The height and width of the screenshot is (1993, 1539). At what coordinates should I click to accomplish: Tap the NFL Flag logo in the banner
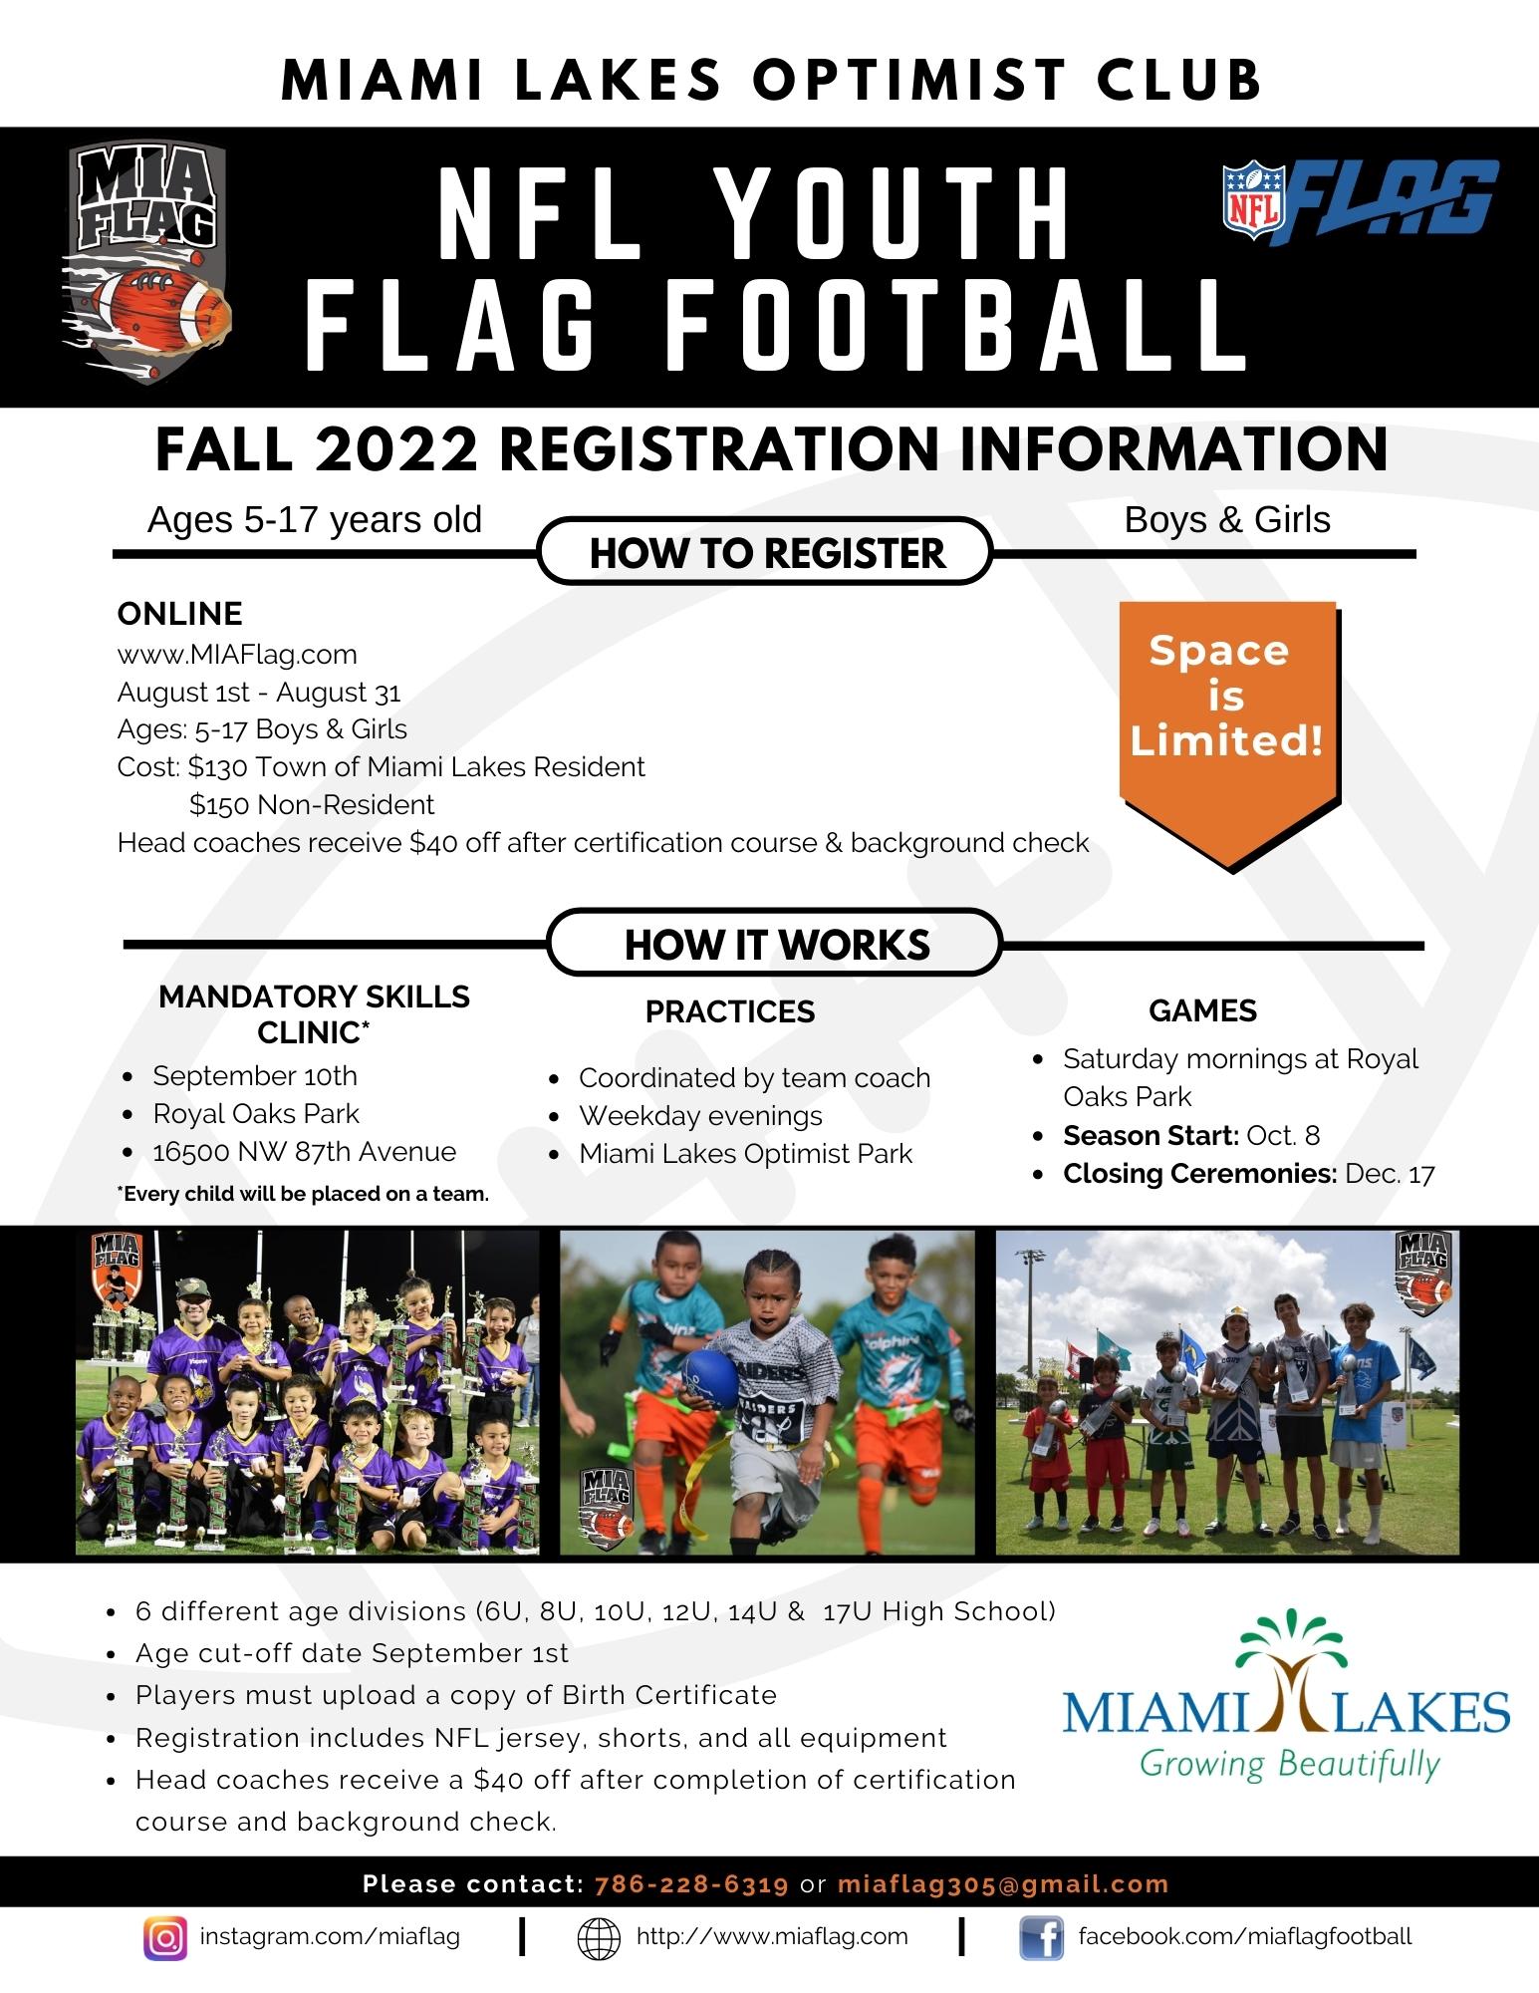coord(1360,202)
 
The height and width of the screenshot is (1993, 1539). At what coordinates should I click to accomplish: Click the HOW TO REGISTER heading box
coord(766,552)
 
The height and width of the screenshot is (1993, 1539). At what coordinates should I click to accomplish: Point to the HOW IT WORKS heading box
coord(776,943)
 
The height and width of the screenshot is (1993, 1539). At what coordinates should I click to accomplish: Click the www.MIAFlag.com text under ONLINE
coord(237,655)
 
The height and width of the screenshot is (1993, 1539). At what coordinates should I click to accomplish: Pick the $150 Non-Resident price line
coord(312,804)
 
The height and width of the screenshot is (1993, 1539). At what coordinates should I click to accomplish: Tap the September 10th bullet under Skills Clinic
coord(255,1076)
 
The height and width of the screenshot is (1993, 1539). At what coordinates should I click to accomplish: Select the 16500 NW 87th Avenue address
coord(304,1152)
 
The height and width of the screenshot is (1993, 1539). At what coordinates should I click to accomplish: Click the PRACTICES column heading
coord(730,1011)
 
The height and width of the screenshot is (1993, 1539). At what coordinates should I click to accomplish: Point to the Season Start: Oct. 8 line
coord(1191,1135)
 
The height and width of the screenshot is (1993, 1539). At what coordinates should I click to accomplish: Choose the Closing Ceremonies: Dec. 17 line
coord(1249,1173)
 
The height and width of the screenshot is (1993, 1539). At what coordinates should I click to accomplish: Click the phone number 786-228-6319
coord(691,1884)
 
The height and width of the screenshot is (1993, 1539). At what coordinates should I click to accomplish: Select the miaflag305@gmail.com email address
coord(1003,1884)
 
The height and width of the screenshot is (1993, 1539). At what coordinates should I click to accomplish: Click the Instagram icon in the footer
coord(165,1938)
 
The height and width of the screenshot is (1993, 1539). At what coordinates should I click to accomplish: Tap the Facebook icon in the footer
coord(1041,1938)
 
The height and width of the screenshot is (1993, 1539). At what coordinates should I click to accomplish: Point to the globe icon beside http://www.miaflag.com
coord(600,1938)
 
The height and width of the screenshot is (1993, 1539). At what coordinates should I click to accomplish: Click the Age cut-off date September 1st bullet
coord(352,1653)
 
